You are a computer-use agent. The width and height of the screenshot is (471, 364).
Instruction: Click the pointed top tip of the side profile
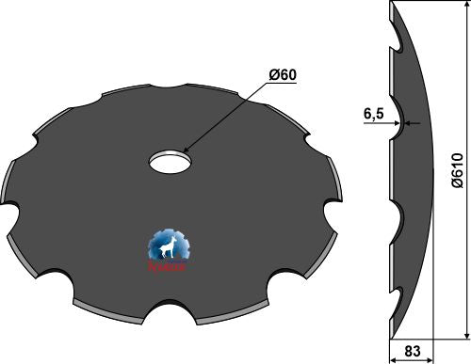click(389, 5)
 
